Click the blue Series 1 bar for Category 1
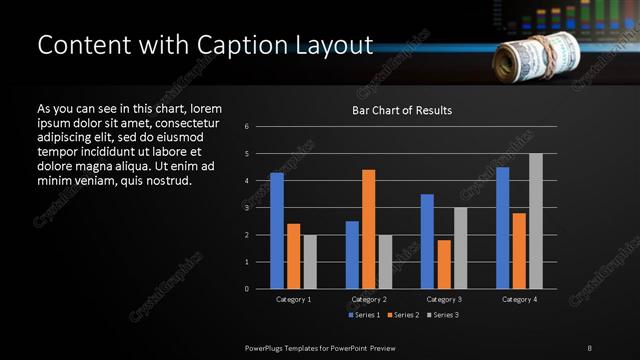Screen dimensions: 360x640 (x=277, y=231)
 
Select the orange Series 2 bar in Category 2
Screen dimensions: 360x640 (x=369, y=229)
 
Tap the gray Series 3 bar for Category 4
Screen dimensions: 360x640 (x=536, y=221)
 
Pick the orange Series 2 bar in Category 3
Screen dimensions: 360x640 (x=444, y=264)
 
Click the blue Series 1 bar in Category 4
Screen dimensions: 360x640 (x=503, y=228)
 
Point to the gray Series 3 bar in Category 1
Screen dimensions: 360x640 (x=310, y=262)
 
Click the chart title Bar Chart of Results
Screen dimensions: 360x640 (x=402, y=110)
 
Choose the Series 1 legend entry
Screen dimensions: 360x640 (x=363, y=315)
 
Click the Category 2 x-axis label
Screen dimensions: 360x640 (x=369, y=299)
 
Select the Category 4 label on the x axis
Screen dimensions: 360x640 (x=518, y=299)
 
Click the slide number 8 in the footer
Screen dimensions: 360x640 (x=590, y=346)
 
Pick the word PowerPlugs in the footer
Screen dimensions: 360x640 (x=268, y=346)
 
